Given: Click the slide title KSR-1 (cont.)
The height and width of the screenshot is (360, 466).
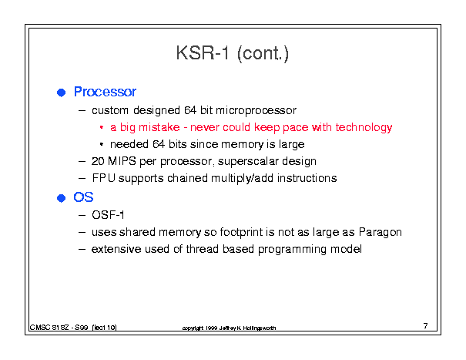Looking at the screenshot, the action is (x=233, y=53).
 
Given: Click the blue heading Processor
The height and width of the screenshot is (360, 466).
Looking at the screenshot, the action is (x=105, y=92).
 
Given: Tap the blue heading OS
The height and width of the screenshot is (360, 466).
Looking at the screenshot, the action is (x=83, y=197).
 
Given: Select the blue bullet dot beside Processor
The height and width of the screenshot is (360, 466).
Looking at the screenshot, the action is (x=61, y=93).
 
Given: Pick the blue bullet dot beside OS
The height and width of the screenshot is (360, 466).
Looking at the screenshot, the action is (x=61, y=198).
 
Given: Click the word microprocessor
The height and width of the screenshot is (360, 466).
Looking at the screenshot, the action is (x=256, y=111).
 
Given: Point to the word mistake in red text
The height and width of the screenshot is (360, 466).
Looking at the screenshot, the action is (x=159, y=127).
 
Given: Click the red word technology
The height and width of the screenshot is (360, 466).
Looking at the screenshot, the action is (x=364, y=128).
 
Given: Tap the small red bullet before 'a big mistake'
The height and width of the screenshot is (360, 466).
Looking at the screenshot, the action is (x=102, y=128).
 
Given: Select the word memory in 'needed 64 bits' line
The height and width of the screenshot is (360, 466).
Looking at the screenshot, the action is (x=242, y=145).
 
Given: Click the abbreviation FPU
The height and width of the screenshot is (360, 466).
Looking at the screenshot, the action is (x=104, y=178).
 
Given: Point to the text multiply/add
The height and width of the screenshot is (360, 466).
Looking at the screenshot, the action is (x=242, y=179).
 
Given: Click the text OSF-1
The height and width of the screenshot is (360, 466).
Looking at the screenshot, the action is (x=108, y=215).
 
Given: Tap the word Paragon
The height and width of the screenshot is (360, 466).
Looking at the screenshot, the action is (x=380, y=232).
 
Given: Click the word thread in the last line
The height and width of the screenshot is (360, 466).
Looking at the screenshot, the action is (x=203, y=249).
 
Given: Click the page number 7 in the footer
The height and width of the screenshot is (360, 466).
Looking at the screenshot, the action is (x=426, y=326).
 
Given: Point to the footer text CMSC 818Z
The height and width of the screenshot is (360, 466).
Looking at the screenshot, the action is (x=49, y=328).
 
